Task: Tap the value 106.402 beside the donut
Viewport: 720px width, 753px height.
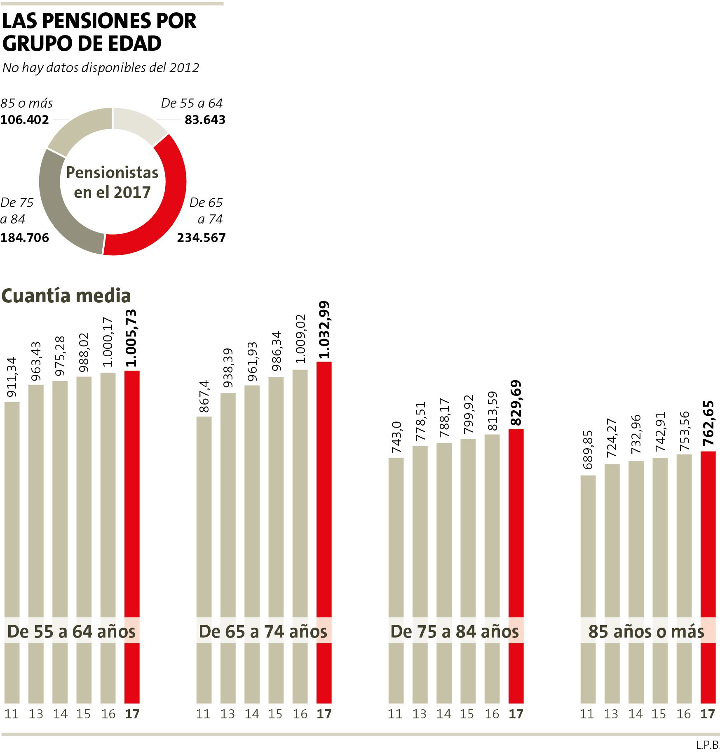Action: point(25,120)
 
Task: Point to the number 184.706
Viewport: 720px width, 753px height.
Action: point(25,238)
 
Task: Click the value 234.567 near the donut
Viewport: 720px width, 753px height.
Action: point(201,238)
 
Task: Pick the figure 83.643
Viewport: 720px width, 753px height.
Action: point(205,120)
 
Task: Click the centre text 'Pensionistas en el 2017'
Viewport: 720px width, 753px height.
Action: point(112,183)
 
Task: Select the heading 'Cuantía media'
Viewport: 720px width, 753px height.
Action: point(66,296)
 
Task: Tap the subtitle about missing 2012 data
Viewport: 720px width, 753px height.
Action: point(101,68)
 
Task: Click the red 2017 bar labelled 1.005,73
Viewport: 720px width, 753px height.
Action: point(132,495)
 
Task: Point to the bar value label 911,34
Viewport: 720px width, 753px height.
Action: point(12,377)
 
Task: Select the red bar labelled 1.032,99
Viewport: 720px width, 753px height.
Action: point(324,495)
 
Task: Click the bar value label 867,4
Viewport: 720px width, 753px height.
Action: point(204,396)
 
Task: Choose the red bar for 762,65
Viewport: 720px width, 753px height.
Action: point(708,536)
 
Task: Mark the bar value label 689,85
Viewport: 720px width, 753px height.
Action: point(588,449)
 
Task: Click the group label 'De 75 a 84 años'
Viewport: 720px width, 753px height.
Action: point(455,632)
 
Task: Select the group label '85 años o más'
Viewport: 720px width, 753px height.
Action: point(646,632)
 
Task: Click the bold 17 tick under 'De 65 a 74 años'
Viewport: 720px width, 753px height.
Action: point(324,714)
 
